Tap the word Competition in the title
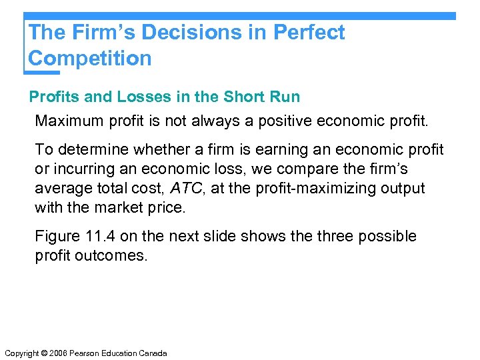pyautogui.click(x=90, y=58)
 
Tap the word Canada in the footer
pyautogui.click(x=152, y=353)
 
